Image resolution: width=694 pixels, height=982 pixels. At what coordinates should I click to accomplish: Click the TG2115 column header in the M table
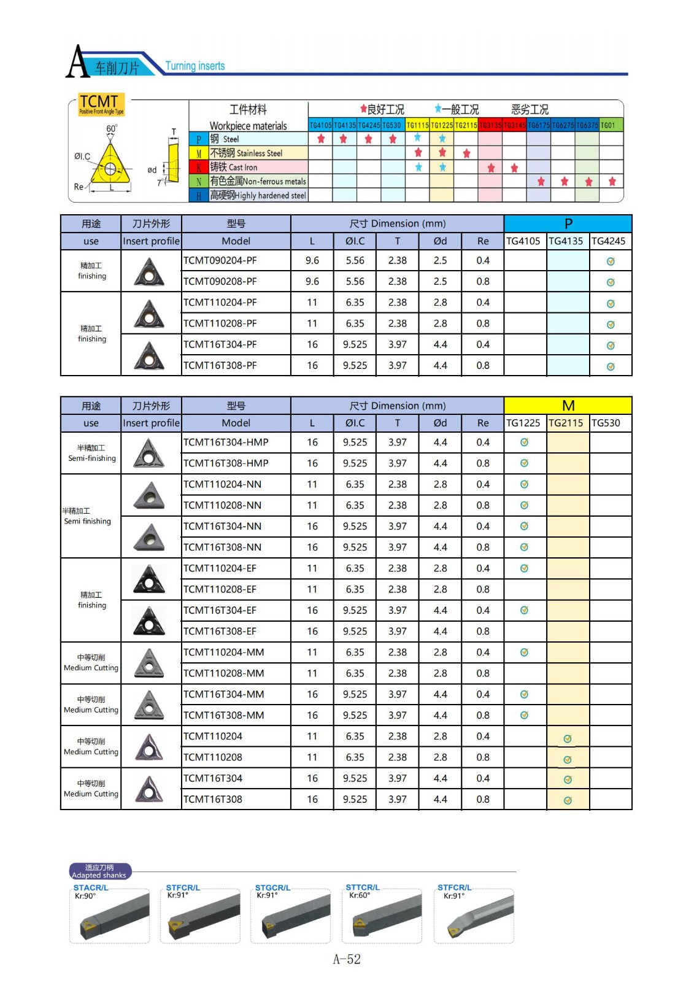point(566,423)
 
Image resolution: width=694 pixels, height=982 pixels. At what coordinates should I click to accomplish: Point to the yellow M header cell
point(568,406)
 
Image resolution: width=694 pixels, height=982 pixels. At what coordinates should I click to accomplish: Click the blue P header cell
point(568,223)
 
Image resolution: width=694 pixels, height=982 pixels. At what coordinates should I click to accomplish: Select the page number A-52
point(347,959)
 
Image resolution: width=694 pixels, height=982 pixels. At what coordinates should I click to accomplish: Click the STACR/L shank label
point(91,887)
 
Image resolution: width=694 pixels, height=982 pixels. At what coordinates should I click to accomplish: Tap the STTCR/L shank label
point(363,887)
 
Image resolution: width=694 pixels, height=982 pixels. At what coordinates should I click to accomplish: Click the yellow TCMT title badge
point(101,104)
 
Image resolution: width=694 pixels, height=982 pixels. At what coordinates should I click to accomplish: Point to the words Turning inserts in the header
point(195,66)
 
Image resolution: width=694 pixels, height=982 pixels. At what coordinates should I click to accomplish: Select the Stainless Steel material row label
point(246,153)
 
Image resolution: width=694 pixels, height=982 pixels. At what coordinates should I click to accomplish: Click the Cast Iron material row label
point(234,167)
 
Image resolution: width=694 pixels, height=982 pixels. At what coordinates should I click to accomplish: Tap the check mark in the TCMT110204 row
point(568,739)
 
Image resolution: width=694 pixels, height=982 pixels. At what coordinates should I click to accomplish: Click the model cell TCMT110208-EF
point(220,589)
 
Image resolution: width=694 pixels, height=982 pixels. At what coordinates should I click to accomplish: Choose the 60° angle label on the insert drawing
point(112,129)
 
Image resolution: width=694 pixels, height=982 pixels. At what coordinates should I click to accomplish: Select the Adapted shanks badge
point(99,872)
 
